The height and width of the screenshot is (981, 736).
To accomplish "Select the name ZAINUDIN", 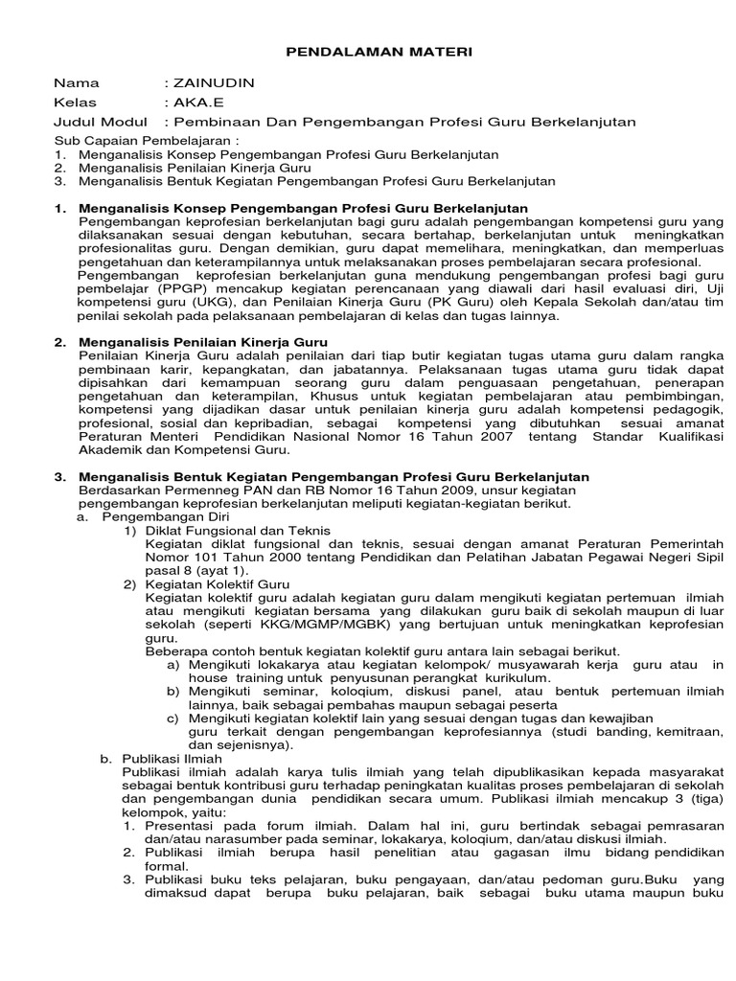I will pyautogui.click(x=213, y=83).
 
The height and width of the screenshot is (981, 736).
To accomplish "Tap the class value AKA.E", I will pyautogui.click(x=195, y=103).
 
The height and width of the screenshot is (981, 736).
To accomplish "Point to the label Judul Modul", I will pyautogui.click(x=100, y=122).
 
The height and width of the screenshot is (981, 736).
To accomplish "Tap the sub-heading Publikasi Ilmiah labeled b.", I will pyautogui.click(x=172, y=757).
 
